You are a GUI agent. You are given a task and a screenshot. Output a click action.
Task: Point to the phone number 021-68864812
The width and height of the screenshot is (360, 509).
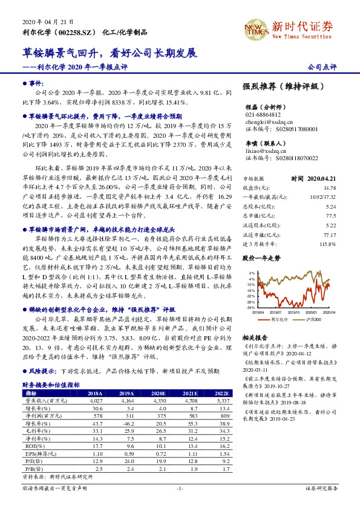click(x=263, y=114)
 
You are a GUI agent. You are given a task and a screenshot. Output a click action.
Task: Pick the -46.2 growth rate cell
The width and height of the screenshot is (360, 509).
click(x=128, y=426)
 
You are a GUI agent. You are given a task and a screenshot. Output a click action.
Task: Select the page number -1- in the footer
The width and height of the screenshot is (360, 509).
click(x=180, y=488)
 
